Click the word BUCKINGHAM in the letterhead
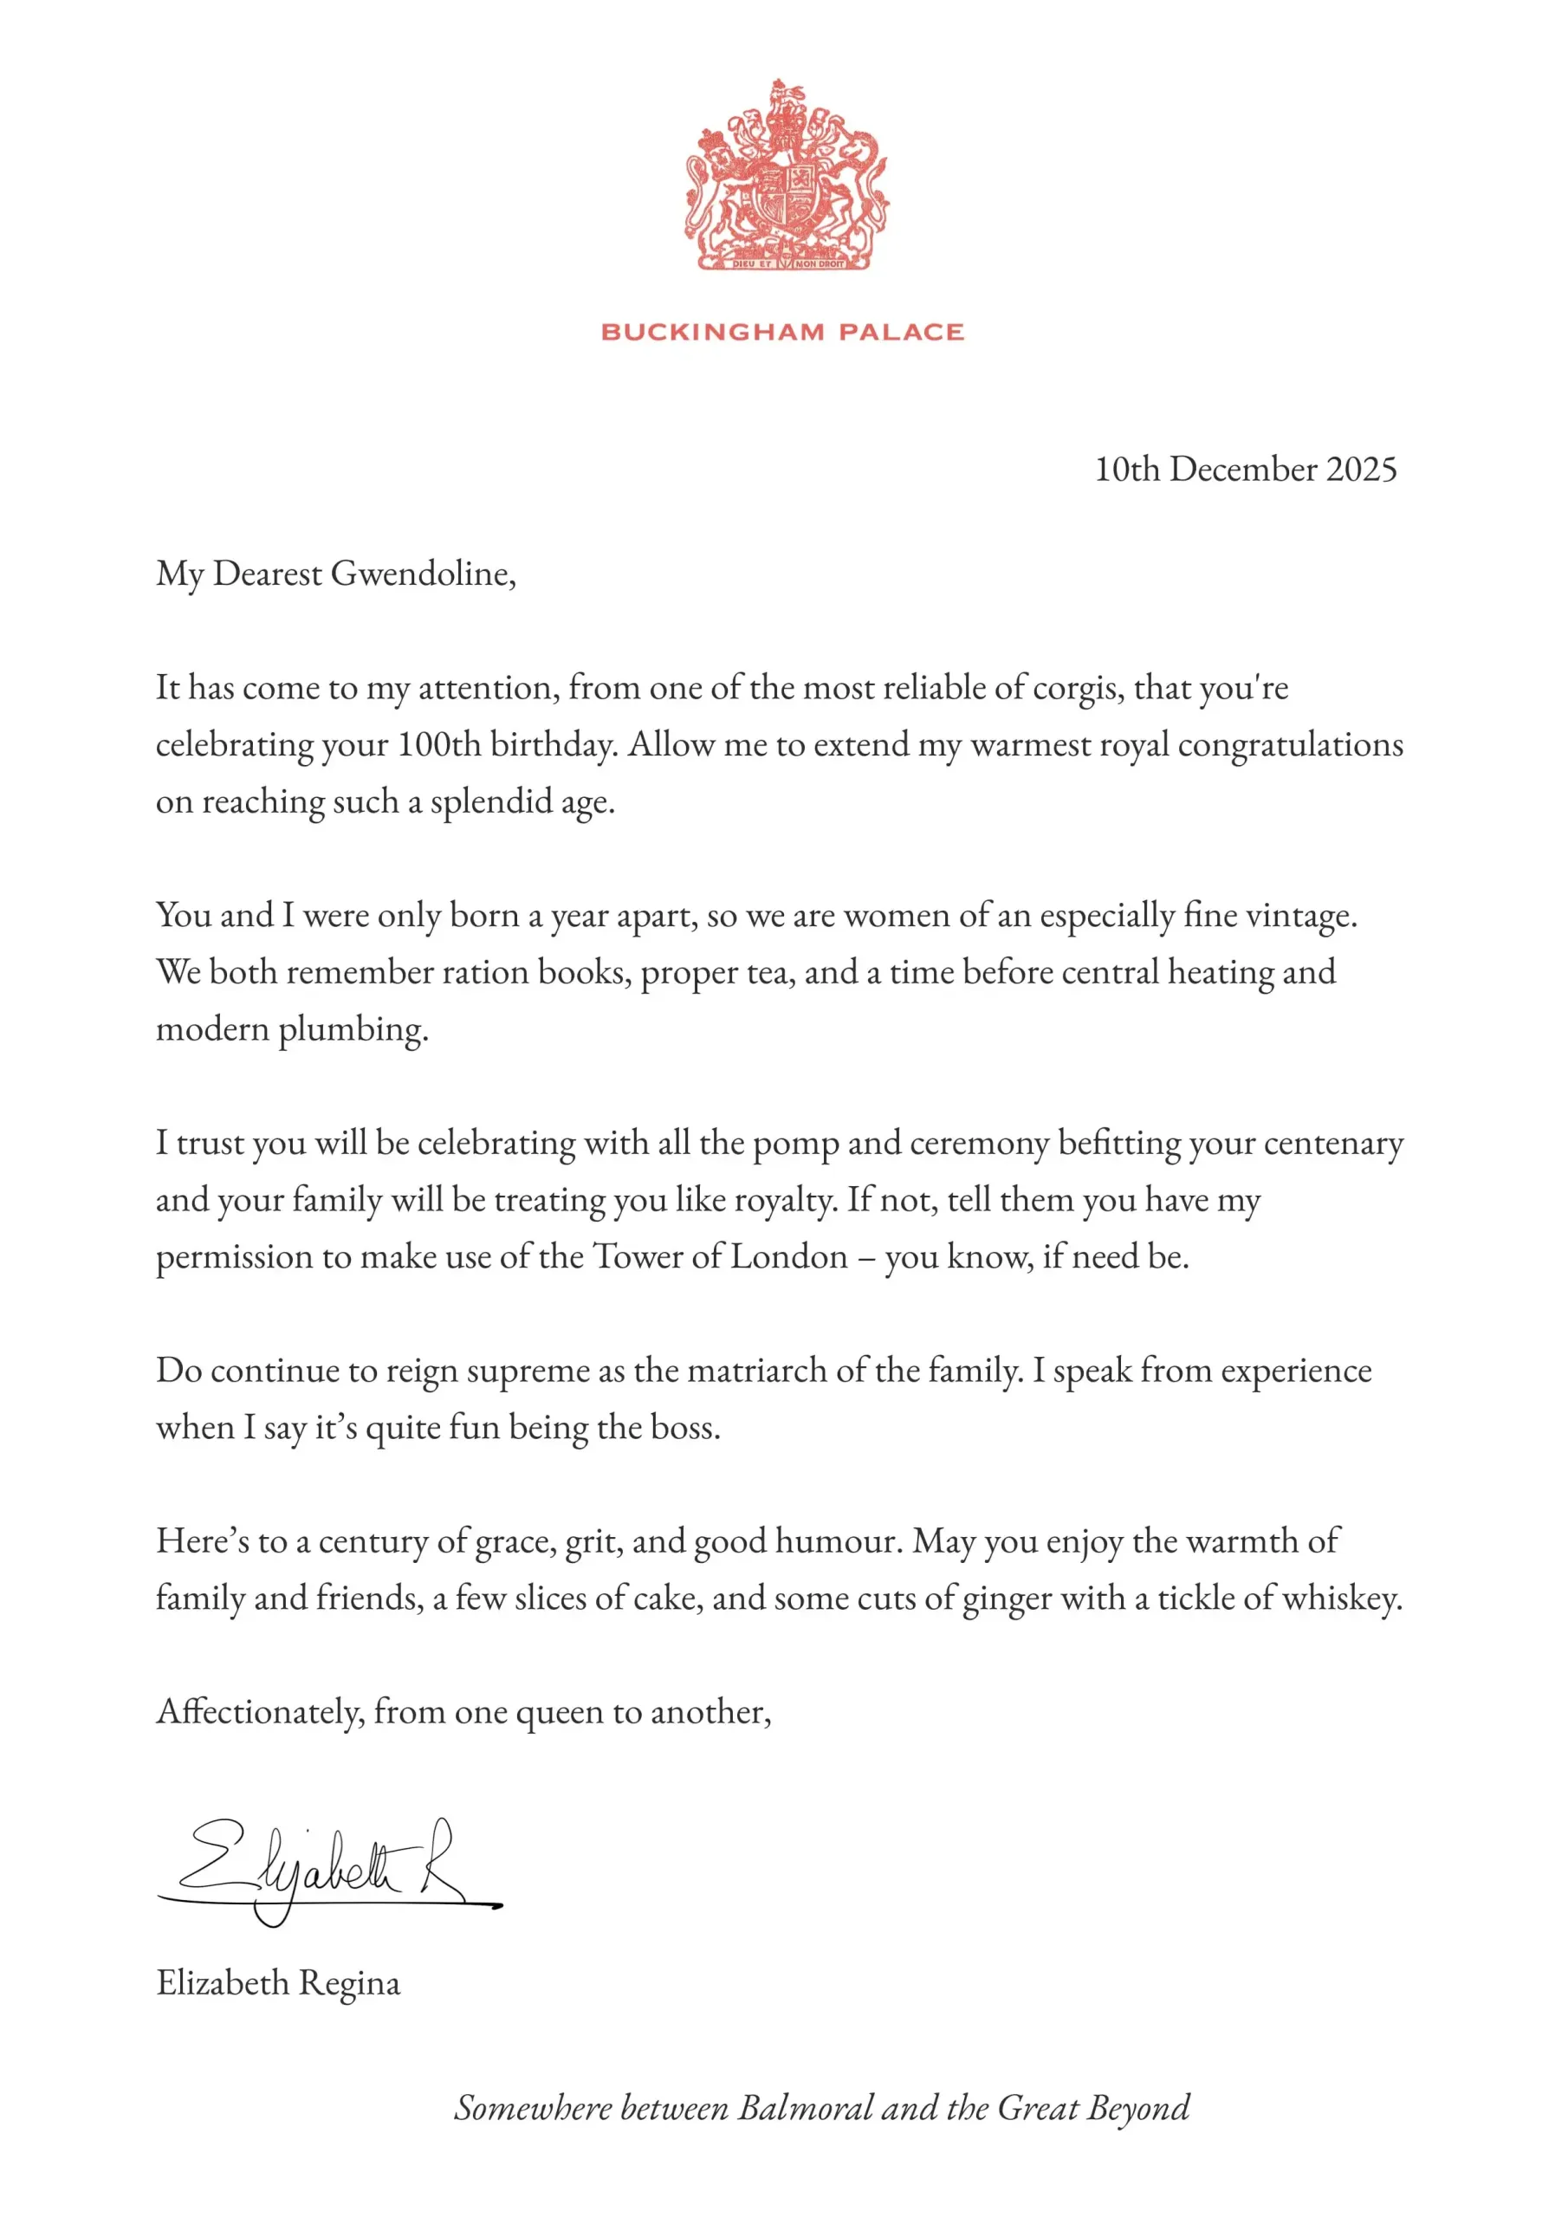[713, 333]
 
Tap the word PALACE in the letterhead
[900, 333]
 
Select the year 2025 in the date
[1360, 470]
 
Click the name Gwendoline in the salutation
[422, 574]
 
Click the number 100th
[439, 745]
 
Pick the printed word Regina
[349, 1983]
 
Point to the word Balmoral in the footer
[806, 2109]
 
